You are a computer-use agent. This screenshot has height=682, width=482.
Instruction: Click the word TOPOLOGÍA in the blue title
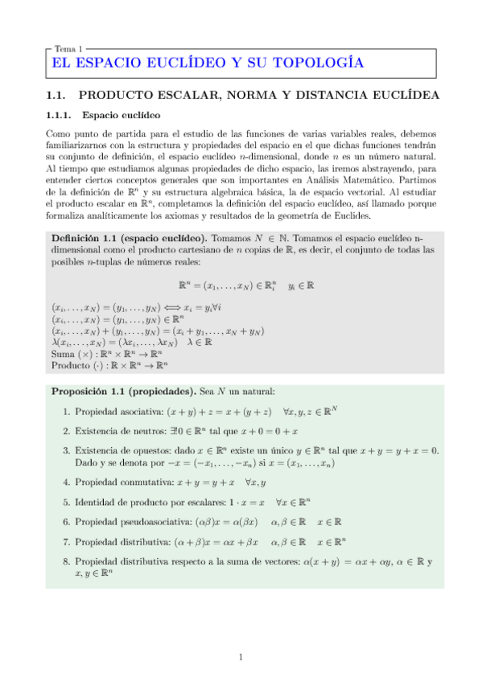315,63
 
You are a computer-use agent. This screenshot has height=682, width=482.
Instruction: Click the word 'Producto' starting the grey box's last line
70,364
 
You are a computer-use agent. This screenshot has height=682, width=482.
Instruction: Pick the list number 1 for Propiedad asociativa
65,412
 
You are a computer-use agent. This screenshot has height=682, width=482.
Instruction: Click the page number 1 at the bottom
241,658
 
